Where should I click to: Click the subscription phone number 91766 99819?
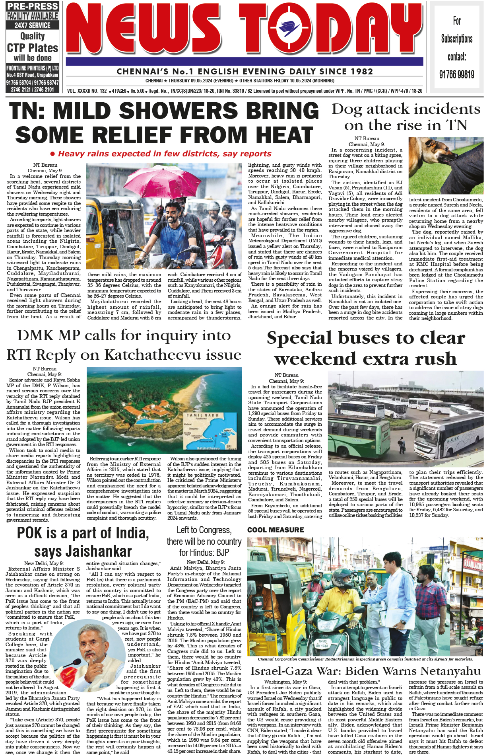[x=456, y=74]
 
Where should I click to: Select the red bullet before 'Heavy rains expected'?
[x=52, y=154]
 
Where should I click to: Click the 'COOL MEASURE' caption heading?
[x=276, y=530]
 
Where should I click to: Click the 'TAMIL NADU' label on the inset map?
[x=203, y=415]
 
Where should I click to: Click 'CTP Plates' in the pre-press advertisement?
[x=33, y=48]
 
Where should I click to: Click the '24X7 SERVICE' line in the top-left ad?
[x=33, y=25]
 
